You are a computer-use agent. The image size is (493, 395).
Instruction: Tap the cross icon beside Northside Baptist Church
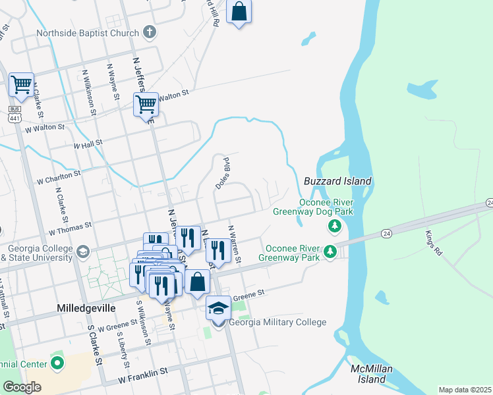coord(150,32)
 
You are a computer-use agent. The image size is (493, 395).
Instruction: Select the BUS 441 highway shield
coord(14,113)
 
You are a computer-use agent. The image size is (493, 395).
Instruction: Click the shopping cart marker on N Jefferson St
coord(146,104)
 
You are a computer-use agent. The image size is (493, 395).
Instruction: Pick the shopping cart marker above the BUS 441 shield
coord(21,84)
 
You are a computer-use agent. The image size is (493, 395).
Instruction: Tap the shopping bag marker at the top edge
coord(239,12)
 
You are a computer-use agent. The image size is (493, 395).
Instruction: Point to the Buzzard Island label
coord(337,181)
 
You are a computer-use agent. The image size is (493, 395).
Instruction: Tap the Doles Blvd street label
coord(223,173)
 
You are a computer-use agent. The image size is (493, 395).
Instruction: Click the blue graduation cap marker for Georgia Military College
coord(218,308)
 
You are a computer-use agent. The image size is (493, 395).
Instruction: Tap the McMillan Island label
coord(367,374)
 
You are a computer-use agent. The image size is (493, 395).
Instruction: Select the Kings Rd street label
coord(432,242)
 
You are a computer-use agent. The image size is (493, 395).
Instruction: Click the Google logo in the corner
coord(22,387)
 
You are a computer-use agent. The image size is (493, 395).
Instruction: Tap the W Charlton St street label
coord(58,177)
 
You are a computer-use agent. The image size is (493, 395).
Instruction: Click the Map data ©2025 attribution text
coord(465,390)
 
